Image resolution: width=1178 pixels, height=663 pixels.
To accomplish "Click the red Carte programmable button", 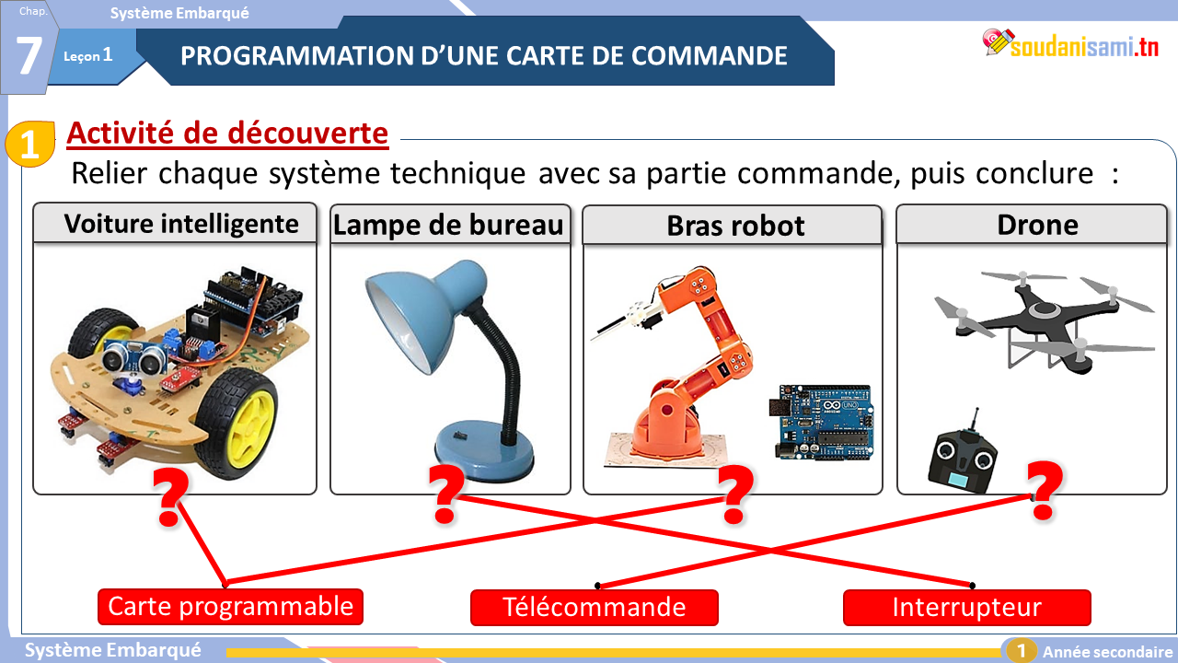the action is pyautogui.click(x=230, y=607).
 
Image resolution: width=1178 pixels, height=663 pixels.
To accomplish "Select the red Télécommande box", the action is pyautogui.click(x=595, y=608).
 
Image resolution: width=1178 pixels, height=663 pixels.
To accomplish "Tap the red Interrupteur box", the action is pyautogui.click(x=966, y=608).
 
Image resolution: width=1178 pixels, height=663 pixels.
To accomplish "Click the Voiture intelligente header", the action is pyautogui.click(x=175, y=223).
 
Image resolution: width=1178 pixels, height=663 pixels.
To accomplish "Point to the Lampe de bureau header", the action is pyautogui.click(x=450, y=225).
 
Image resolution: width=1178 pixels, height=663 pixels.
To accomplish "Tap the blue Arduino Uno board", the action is pyautogui.click(x=822, y=423).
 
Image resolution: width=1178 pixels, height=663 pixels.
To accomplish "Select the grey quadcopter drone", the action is pyautogui.click(x=1044, y=321).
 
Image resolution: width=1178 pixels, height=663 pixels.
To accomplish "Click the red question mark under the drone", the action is pyautogui.click(x=1045, y=491).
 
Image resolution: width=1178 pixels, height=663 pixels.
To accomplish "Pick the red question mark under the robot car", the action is pyautogui.click(x=170, y=497).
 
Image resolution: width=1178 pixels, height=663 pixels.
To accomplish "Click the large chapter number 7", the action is pyautogui.click(x=29, y=54).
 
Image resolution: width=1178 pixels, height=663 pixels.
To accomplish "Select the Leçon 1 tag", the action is pyautogui.click(x=87, y=55).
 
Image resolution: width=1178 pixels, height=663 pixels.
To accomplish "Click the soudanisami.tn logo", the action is pyautogui.click(x=1070, y=44).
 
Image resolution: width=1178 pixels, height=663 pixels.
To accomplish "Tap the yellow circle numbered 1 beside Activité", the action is pyautogui.click(x=30, y=144).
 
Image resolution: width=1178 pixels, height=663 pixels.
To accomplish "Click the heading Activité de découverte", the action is pyautogui.click(x=227, y=134).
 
